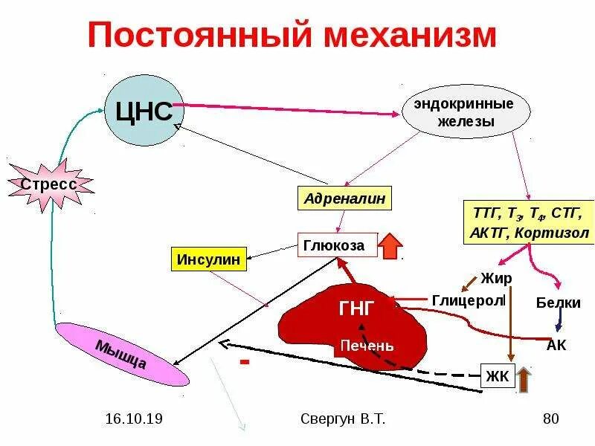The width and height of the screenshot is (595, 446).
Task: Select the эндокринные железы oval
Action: click(467, 112)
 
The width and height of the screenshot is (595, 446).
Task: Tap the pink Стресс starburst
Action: click(49, 184)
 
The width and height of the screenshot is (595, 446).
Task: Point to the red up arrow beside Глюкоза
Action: click(390, 246)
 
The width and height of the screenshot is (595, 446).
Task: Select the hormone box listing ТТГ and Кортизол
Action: click(529, 222)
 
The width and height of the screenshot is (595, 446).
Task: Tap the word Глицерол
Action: click(468, 300)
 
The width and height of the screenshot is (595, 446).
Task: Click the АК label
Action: click(556, 345)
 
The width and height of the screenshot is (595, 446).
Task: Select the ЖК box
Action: click(497, 376)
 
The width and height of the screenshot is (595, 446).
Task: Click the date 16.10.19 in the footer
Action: click(134, 419)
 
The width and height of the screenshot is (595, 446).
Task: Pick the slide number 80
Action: click(550, 419)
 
